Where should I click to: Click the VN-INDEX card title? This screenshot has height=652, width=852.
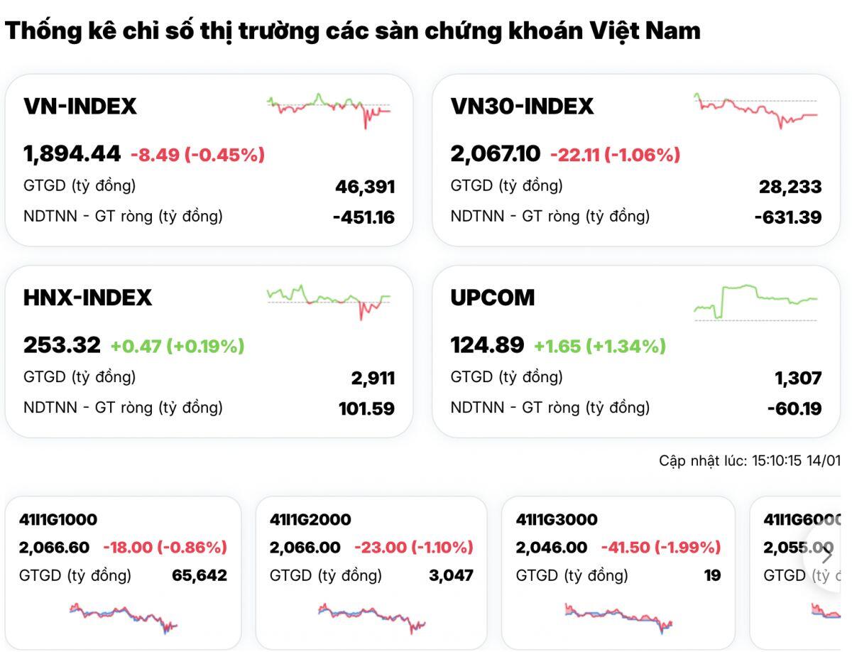pyautogui.click(x=80, y=107)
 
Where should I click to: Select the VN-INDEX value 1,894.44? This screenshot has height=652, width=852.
pyautogui.click(x=72, y=153)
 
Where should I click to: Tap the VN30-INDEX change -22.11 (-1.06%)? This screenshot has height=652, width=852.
pyautogui.click(x=615, y=154)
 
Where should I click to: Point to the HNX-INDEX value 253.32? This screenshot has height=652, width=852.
pyautogui.click(x=62, y=345)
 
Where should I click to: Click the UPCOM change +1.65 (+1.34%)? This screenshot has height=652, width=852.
pyautogui.click(x=600, y=346)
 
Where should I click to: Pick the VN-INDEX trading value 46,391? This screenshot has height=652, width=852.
pyautogui.click(x=365, y=188)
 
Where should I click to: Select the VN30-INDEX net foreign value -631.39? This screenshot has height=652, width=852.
pyautogui.click(x=788, y=217)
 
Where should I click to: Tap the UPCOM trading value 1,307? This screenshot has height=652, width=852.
pyautogui.click(x=797, y=379)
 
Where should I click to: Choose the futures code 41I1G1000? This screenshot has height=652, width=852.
pyautogui.click(x=58, y=520)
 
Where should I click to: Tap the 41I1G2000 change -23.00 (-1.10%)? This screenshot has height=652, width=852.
pyautogui.click(x=413, y=548)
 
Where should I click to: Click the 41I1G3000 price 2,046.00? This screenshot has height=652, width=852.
pyautogui.click(x=552, y=548)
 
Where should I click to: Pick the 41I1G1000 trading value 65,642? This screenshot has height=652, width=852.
pyautogui.click(x=200, y=575)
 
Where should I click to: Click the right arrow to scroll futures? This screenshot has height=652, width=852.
pyautogui.click(x=826, y=553)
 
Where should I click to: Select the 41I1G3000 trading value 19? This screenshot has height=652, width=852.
pyautogui.click(x=712, y=575)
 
